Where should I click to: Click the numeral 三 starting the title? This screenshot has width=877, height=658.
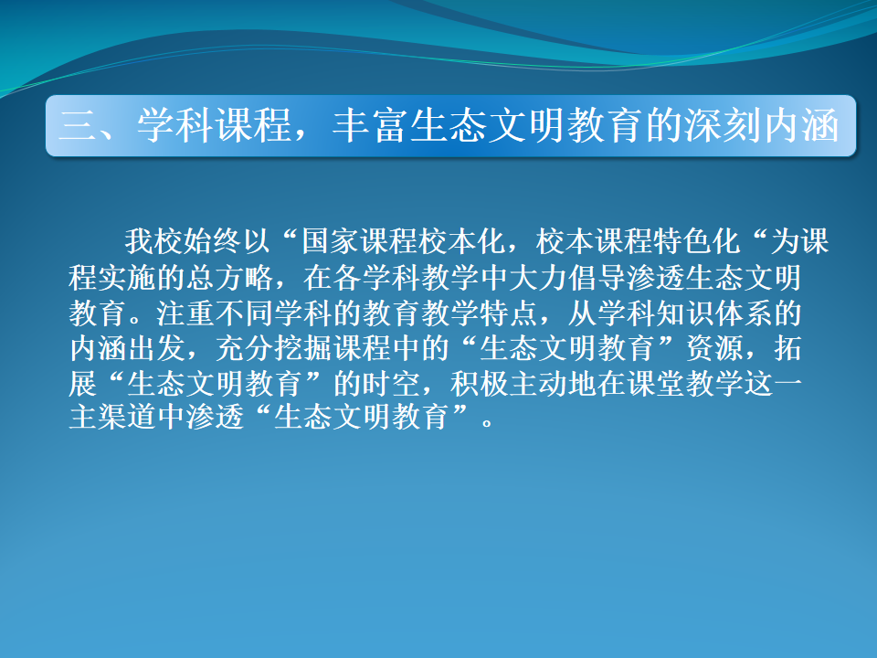(77, 125)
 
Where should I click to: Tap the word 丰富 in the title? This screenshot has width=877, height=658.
(371, 125)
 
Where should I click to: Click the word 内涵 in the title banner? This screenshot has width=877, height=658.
(801, 125)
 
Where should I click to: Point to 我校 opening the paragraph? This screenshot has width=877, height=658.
(153, 241)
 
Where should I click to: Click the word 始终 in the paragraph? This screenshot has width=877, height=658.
(213, 241)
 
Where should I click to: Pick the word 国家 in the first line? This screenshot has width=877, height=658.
(330, 241)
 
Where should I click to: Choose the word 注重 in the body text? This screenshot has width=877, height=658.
(185, 313)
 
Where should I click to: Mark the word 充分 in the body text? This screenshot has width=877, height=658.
(245, 348)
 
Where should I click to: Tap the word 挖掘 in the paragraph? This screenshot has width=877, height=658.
(303, 348)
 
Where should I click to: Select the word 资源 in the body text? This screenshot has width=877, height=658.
(714, 348)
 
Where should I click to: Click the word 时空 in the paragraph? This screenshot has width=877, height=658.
(392, 384)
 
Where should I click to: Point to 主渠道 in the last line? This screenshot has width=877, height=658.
(112, 418)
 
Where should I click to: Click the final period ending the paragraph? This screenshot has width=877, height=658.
(488, 423)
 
